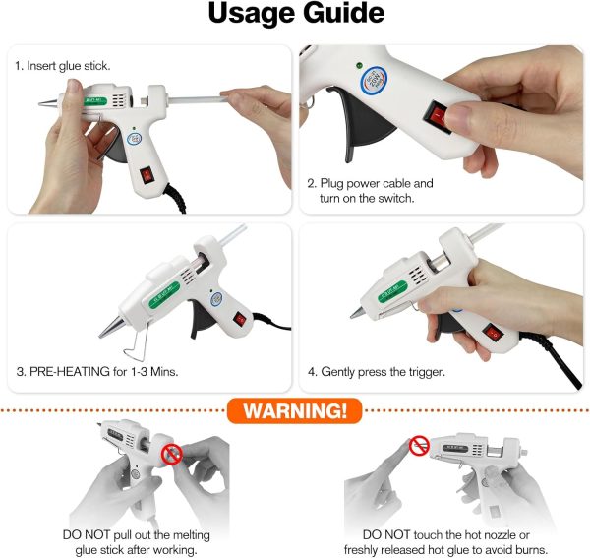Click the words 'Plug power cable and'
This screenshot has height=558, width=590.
click(370, 183)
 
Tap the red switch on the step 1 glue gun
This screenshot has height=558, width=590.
click(146, 176)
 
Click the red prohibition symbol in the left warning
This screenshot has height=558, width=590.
click(171, 455)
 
